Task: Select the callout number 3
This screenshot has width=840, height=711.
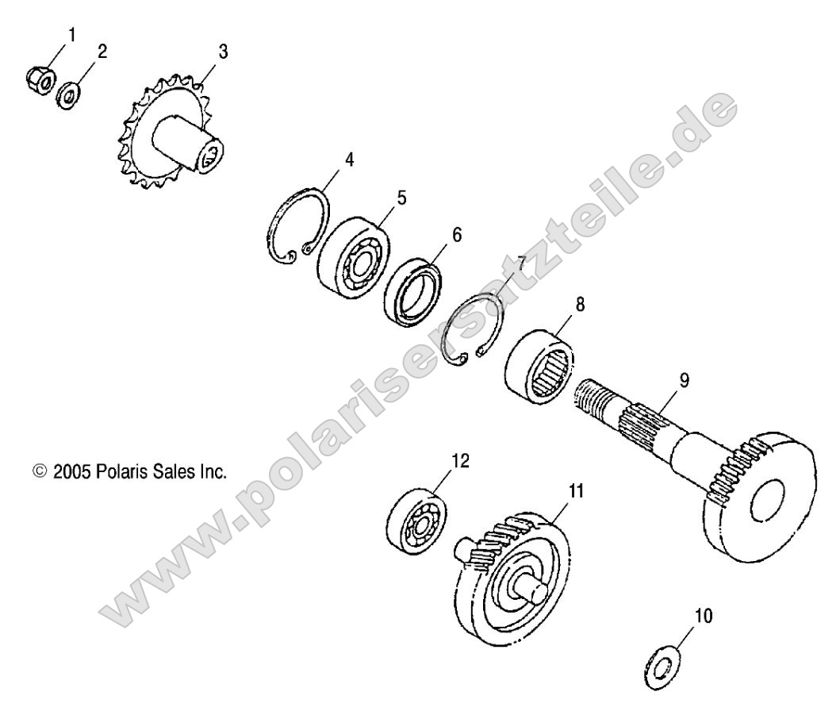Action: coord(223,52)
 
